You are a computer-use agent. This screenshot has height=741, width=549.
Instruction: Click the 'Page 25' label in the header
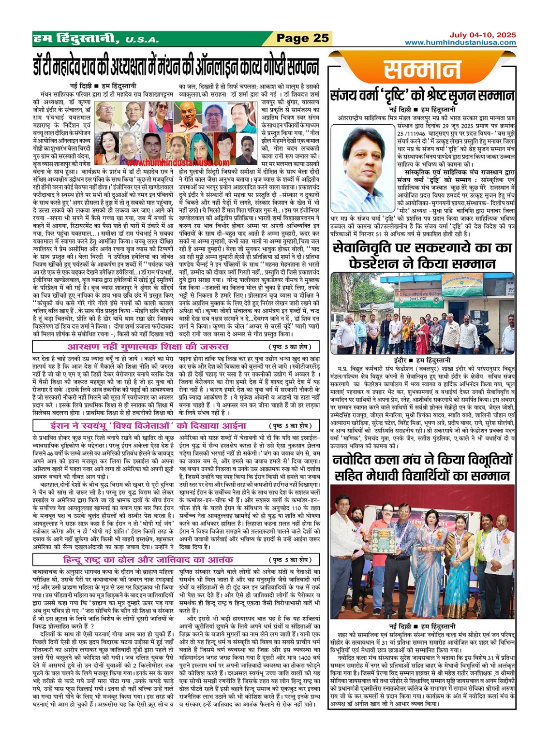[302, 38]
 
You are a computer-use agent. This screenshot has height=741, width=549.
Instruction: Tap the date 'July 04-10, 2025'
[482, 35]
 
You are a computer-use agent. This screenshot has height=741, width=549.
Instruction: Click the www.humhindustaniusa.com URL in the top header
[460, 43]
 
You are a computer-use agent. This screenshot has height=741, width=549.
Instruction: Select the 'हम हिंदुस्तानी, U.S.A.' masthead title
[96, 39]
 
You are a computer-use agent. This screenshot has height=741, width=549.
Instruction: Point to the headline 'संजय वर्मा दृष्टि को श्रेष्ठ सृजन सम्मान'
[422, 96]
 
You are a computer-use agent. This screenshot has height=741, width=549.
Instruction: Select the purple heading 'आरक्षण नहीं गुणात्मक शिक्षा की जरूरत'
[148, 347]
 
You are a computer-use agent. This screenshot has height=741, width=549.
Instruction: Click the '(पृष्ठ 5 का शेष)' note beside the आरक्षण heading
[293, 347]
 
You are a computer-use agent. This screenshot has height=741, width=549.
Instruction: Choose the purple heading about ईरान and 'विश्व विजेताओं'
[148, 425]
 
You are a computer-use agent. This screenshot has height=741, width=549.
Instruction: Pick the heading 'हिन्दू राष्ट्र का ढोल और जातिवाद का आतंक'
[148, 560]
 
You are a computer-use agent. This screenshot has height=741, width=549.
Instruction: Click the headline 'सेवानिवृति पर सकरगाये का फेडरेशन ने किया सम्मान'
[422, 256]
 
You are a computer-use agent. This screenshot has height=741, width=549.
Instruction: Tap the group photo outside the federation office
[422, 313]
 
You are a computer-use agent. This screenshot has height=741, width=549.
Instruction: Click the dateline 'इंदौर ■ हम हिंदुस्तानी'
[422, 360]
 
